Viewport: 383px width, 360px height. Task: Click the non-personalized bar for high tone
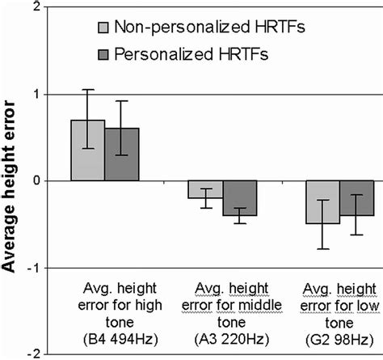pyautogui.click(x=88, y=150)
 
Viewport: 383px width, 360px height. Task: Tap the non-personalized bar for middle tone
pyautogui.click(x=205, y=189)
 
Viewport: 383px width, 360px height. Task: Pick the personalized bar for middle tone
pyautogui.click(x=239, y=198)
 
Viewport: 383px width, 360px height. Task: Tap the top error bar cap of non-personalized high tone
pyautogui.click(x=88, y=90)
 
